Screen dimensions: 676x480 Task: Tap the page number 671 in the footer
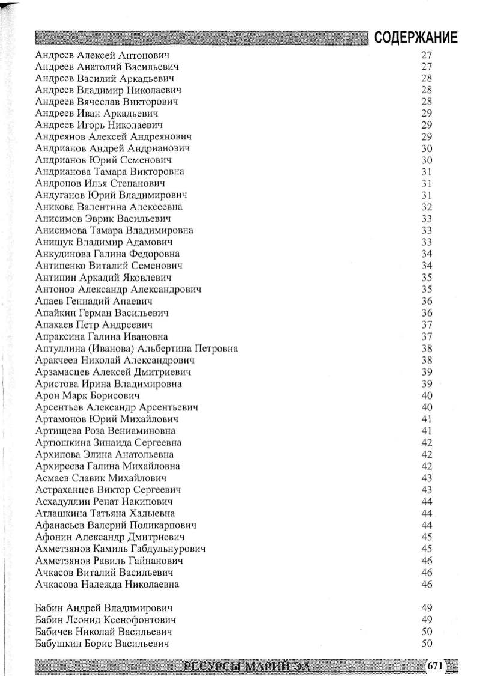435,665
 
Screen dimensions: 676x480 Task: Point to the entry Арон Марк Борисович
88,395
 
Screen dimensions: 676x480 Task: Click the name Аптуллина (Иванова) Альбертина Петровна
136,349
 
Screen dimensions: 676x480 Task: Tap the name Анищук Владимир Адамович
104,242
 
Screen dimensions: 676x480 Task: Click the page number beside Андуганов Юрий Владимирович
427,195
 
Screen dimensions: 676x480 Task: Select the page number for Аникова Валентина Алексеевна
427,207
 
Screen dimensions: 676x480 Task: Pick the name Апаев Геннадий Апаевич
94,301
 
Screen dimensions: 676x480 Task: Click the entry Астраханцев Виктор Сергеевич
108,490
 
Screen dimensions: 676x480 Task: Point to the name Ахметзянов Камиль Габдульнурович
121,549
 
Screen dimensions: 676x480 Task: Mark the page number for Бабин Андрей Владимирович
427,608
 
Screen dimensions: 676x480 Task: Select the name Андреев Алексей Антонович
103,55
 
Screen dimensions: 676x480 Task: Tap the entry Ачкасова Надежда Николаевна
107,584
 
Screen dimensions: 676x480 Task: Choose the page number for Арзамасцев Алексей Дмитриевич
427,372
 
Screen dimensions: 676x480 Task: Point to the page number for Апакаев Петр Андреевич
427,324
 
